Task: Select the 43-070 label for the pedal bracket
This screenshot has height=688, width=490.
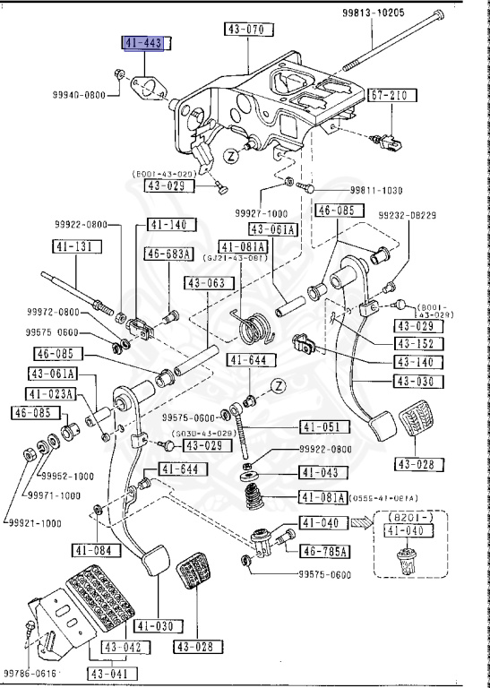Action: point(244,30)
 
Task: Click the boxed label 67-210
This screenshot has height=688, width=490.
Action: point(388,94)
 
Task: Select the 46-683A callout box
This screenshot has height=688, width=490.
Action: point(168,254)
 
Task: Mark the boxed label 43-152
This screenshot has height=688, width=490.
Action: point(414,344)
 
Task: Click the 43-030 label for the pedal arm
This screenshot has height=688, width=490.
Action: point(414,382)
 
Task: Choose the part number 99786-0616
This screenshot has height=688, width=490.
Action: point(30,673)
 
